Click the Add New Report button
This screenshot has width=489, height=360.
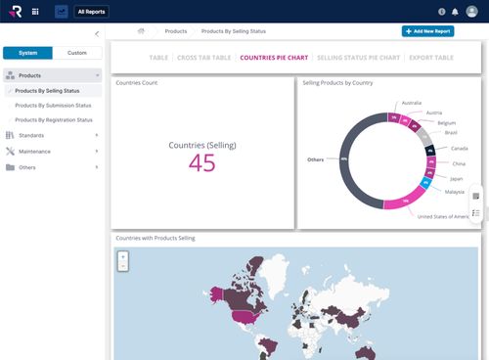(x=427, y=31)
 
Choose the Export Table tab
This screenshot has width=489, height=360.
(x=430, y=58)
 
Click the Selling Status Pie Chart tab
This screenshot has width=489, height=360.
(x=359, y=58)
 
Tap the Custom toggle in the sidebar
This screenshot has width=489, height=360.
(x=76, y=52)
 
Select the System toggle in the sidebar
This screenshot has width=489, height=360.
(x=27, y=52)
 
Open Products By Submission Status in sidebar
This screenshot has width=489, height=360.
(x=54, y=105)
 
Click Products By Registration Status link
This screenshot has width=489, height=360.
(x=54, y=119)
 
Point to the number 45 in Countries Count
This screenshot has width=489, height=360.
(x=202, y=164)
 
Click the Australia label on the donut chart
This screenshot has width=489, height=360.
(x=412, y=103)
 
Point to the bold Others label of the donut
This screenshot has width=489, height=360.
(x=315, y=158)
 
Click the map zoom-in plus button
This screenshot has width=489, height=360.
(x=123, y=255)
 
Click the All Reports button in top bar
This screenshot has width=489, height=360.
(x=91, y=12)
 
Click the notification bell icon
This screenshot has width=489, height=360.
(x=455, y=12)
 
